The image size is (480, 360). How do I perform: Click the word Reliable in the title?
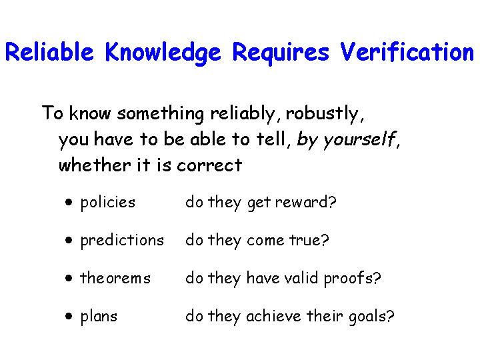point(49,52)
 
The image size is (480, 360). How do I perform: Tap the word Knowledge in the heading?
point(163,53)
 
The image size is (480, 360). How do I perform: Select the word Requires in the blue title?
point(281,53)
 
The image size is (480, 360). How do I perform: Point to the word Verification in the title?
point(407,52)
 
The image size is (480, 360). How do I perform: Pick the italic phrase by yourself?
point(347,140)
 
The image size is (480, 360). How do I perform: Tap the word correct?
point(209,165)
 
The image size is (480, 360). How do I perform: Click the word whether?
point(95,165)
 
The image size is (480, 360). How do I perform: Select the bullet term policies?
point(108,203)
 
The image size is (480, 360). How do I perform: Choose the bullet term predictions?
point(122,241)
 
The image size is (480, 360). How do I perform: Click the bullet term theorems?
point(115,278)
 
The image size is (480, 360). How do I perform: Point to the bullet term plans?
point(99,317)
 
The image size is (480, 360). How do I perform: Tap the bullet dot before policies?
point(69,202)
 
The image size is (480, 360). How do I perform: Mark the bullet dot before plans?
point(69,316)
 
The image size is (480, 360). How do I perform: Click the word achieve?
point(273,316)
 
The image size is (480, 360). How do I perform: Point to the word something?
point(161,114)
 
